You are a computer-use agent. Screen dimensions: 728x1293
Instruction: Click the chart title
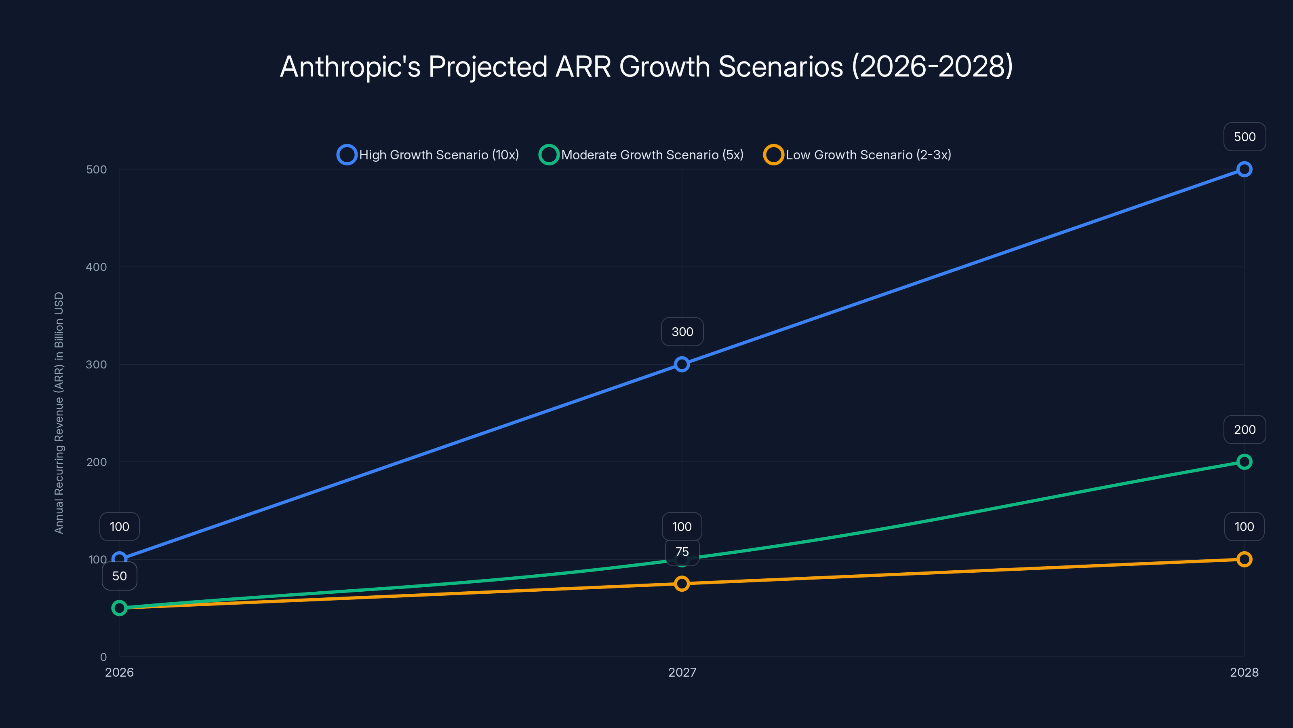(646, 66)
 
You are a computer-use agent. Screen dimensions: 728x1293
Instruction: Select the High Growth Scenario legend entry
(428, 155)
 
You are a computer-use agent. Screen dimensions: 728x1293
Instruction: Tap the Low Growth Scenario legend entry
(857, 155)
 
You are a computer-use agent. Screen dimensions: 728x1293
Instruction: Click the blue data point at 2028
(1244, 169)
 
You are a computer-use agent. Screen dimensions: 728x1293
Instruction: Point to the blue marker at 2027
(682, 364)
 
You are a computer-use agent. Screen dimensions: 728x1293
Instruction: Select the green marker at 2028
(1244, 462)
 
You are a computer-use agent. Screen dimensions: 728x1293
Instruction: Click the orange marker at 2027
(682, 584)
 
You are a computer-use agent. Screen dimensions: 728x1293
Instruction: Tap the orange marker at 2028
(1244, 559)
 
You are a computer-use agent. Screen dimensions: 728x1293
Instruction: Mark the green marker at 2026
(120, 608)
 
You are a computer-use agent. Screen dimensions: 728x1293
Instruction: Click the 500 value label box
(1245, 137)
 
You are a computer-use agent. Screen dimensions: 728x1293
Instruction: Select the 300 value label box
(682, 332)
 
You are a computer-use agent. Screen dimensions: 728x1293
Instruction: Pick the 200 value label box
(1245, 430)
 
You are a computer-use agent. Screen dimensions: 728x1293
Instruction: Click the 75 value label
(682, 552)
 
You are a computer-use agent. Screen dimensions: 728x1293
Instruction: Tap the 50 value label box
(120, 576)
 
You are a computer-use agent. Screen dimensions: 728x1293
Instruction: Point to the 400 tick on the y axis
(97, 267)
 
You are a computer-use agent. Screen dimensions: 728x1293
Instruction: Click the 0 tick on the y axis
(103, 657)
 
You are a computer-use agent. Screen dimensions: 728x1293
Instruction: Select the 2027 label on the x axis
(682, 672)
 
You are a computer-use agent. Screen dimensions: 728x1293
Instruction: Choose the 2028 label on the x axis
(1244, 672)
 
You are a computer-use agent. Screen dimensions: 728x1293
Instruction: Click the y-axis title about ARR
(59, 413)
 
